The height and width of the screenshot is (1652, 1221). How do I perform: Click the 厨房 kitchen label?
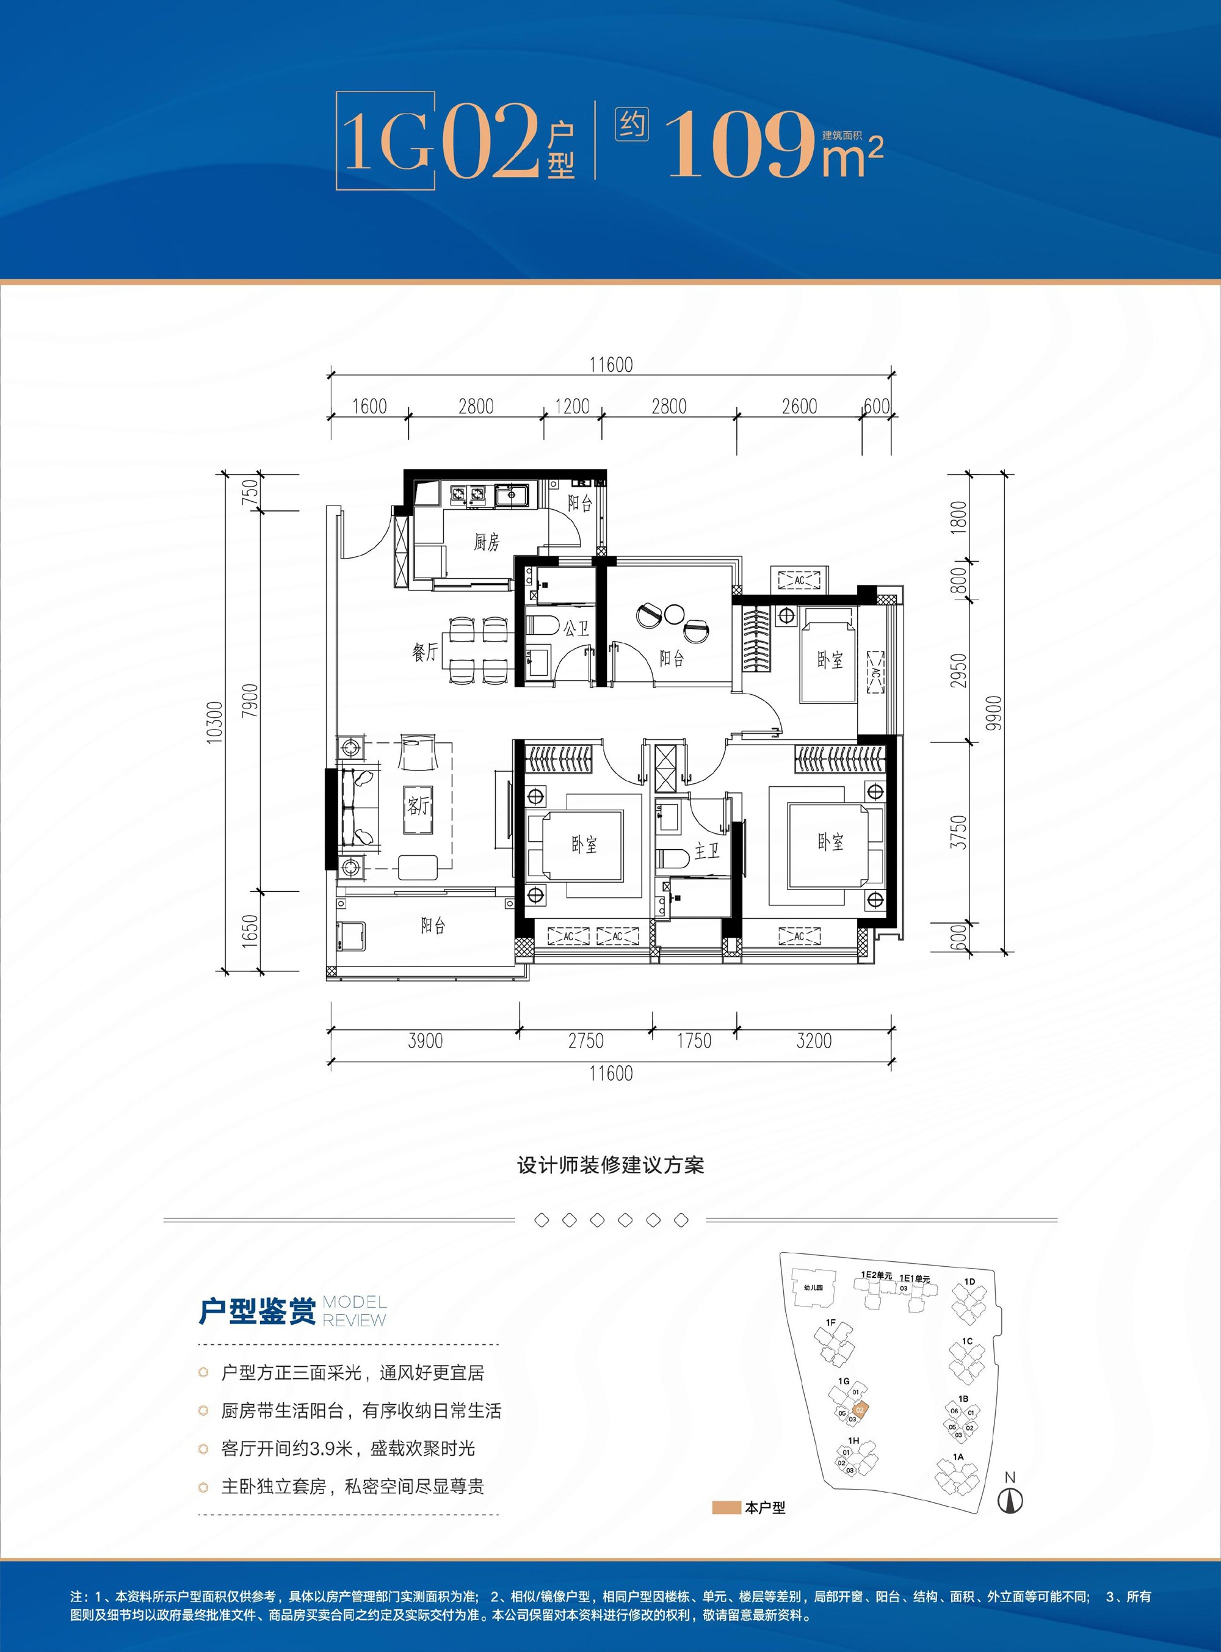(x=487, y=543)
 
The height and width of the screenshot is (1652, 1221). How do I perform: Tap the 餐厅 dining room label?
(x=425, y=653)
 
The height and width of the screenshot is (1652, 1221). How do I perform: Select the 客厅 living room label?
(x=418, y=805)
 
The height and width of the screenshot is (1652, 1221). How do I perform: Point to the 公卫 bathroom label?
(x=576, y=629)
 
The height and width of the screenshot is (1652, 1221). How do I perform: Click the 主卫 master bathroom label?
(x=706, y=852)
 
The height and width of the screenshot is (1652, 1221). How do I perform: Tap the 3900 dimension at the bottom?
(x=426, y=1041)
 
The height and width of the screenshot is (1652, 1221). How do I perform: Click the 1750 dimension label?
(x=694, y=1041)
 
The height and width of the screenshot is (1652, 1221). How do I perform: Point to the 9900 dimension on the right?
(x=994, y=713)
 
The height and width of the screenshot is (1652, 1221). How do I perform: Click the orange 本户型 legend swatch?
(x=726, y=1508)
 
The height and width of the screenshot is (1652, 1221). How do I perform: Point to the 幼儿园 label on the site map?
(x=813, y=1288)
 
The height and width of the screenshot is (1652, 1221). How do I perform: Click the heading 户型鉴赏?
(x=257, y=1311)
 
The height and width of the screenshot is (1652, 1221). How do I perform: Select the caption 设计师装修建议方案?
(x=610, y=1165)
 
